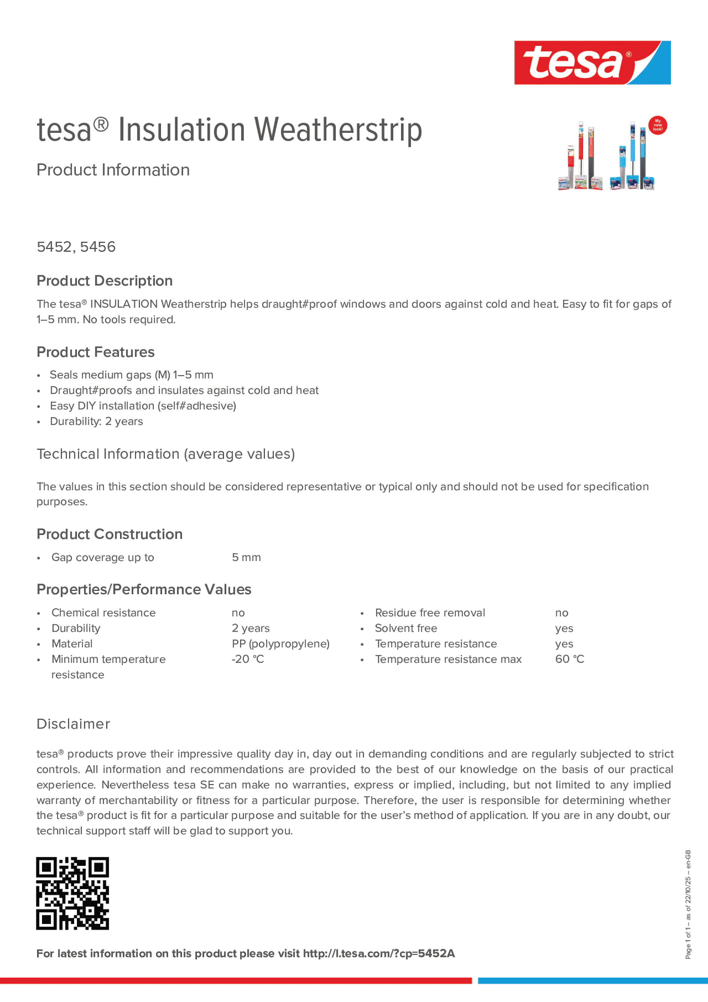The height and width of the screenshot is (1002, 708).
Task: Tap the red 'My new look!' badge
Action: tap(657, 125)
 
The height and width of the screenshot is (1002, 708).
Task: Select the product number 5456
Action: tap(98, 247)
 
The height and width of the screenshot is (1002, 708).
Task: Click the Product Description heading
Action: tap(104, 281)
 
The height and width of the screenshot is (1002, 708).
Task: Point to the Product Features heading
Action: tap(95, 352)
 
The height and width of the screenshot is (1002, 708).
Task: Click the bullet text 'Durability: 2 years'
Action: tap(96, 421)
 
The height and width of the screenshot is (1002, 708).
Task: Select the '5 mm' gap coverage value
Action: tap(246, 557)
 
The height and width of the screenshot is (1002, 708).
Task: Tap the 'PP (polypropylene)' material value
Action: tap(280, 644)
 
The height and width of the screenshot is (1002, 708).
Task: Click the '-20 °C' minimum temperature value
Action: tap(248, 659)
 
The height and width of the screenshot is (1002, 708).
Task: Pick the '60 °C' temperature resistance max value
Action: tap(569, 659)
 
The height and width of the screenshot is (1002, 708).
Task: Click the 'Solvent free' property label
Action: tap(406, 628)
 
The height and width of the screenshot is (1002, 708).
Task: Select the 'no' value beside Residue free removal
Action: tap(561, 613)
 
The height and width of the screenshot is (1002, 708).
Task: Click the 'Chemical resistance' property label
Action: tap(104, 613)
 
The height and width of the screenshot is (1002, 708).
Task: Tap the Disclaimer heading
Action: tap(73, 724)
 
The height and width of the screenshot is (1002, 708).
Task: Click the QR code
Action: tap(72, 893)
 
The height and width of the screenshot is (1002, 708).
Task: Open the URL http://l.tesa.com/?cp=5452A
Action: tap(379, 954)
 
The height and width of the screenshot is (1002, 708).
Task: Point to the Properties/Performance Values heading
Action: tap(144, 590)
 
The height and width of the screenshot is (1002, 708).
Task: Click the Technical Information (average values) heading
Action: tap(165, 454)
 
